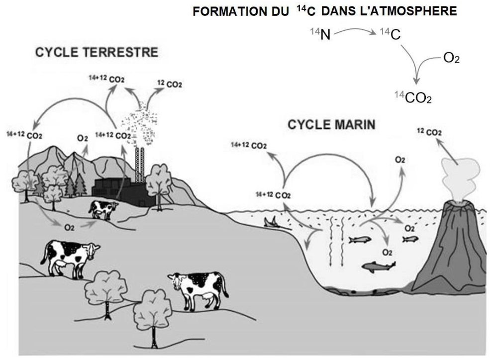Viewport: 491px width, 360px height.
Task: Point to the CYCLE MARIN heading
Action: click(331, 124)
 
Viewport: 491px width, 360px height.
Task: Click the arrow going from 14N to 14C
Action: click(353, 31)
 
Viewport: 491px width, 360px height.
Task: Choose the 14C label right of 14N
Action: click(388, 35)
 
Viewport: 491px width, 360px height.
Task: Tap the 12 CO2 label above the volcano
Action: click(429, 132)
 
